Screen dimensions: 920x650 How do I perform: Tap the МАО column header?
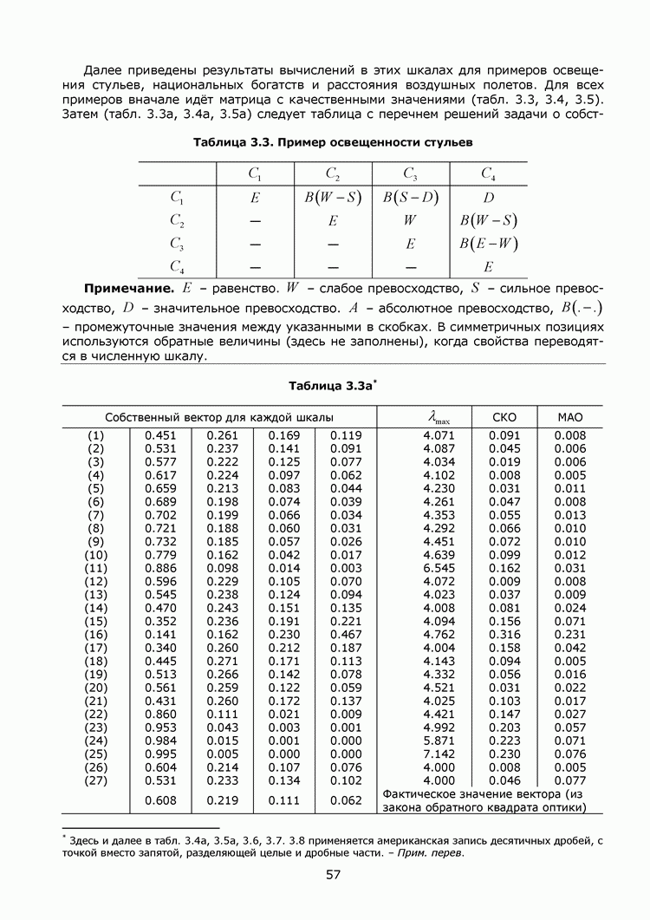point(570,418)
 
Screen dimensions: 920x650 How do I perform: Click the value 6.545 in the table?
point(439,567)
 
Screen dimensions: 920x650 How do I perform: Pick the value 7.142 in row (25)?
point(439,754)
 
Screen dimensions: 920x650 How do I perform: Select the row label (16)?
point(96,635)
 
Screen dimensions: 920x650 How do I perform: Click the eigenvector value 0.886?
point(161,567)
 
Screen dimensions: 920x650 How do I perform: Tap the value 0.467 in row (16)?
point(346,635)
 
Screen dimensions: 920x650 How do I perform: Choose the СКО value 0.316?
point(504,635)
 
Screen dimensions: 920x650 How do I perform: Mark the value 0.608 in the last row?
point(161,800)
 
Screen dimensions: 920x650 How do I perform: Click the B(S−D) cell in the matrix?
point(411,197)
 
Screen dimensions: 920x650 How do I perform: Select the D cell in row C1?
point(489,197)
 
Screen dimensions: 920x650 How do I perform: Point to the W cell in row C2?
point(411,220)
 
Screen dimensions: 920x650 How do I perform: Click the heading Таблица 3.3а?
point(330,385)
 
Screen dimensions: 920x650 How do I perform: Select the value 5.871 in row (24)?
point(439,741)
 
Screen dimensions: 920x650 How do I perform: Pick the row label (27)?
point(96,781)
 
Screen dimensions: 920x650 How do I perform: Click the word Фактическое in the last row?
point(419,794)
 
